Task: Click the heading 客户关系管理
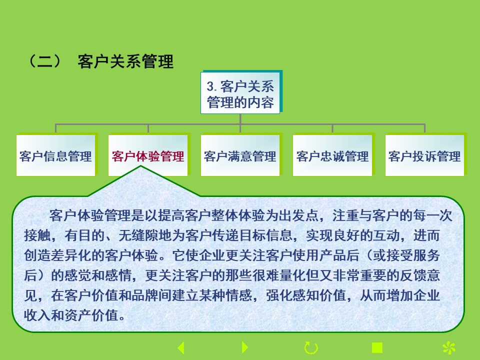pos(125,61)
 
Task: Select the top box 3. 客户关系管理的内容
pos(240,93)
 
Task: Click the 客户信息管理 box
pos(55,155)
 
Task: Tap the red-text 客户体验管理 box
pos(148,155)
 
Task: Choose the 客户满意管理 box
pos(240,155)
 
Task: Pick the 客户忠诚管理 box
pos(332,155)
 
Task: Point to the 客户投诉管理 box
pos(424,155)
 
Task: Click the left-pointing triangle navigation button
pos(181,348)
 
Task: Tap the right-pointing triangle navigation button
pos(245,347)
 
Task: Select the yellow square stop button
pos(377,348)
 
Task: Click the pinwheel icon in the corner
pos(449,348)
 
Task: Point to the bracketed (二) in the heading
pos(45,61)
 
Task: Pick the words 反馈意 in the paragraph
pos(420,275)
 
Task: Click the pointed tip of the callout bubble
pos(141,166)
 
